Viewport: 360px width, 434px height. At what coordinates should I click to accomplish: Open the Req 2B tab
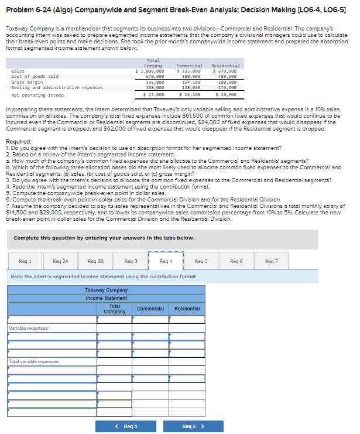pos(96,261)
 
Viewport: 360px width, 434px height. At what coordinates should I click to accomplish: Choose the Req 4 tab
pos(166,261)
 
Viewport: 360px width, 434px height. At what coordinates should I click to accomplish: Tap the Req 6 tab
pos(236,261)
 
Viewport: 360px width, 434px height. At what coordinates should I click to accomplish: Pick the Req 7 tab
pos(272,261)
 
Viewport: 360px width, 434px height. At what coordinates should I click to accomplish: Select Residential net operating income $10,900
pos(225,94)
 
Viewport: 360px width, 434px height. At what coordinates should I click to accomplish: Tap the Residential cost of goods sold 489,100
pos(226,76)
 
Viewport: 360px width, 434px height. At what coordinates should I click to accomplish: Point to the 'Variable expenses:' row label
pos(29,328)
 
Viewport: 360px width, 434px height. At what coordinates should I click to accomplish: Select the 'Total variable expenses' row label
pos(34,361)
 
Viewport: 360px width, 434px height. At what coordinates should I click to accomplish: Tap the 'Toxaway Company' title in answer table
pos(106,289)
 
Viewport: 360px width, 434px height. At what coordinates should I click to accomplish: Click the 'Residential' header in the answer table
pos(187,308)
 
